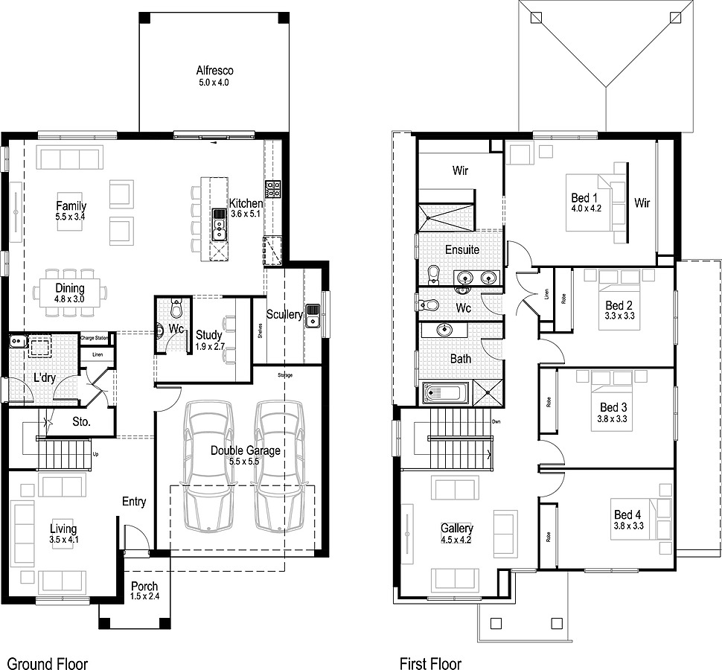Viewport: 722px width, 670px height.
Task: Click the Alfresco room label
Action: (x=214, y=71)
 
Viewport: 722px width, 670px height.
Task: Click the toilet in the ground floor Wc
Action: (x=176, y=307)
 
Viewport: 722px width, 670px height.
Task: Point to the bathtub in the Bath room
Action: (x=446, y=392)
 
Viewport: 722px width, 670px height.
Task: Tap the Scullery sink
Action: (x=313, y=315)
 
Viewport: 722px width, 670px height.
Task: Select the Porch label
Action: (x=144, y=587)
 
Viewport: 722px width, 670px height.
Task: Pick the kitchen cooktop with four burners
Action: (x=272, y=189)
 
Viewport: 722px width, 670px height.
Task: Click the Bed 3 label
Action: (x=613, y=407)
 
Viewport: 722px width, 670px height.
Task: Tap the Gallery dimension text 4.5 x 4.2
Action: (x=456, y=540)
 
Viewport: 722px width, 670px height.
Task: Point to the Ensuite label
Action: (x=462, y=249)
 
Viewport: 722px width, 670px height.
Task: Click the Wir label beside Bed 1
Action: (x=642, y=202)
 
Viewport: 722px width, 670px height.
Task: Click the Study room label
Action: (x=209, y=335)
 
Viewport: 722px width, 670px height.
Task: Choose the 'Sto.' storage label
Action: (x=82, y=421)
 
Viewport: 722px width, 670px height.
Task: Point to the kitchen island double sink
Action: (x=220, y=224)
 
